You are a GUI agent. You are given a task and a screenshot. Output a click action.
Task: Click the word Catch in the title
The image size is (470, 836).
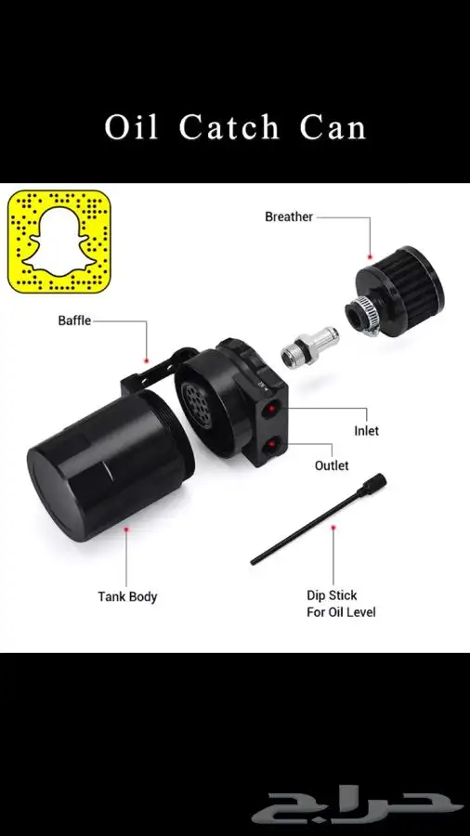pos(229,128)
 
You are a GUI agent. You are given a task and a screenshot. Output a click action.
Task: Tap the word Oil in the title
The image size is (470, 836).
pos(131,128)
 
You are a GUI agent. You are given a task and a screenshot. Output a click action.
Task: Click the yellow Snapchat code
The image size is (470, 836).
pos(59,242)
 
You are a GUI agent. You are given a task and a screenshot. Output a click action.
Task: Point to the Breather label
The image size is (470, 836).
pos(289,217)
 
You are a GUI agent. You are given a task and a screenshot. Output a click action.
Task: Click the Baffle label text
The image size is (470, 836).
pos(74,321)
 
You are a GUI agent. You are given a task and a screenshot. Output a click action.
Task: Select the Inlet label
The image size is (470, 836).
pos(367,430)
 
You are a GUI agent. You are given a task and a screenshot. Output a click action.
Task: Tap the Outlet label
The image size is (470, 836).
pos(332,465)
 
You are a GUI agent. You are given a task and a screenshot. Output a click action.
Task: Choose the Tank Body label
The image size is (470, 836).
pos(127,596)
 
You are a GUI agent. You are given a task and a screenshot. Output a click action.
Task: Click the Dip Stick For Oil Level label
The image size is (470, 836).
pos(341,604)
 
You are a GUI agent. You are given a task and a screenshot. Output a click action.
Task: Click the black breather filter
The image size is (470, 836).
pos(396,291)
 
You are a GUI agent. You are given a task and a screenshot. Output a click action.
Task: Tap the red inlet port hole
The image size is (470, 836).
pos(271,410)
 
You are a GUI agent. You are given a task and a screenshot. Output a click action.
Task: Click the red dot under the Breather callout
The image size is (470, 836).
pos(371,256)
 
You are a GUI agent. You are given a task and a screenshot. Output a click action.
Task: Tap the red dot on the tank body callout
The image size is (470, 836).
pos(126,529)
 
